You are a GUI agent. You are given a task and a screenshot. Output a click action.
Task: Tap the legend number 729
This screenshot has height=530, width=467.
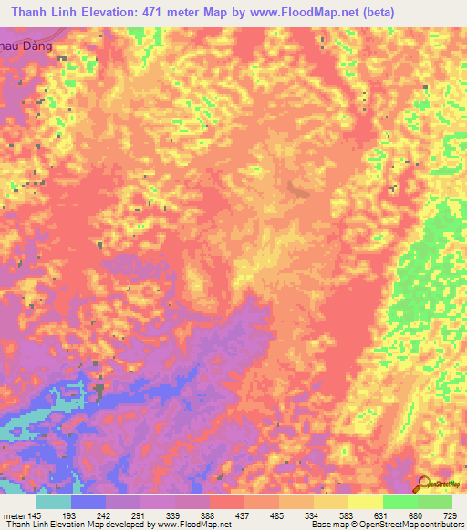coord(450,515)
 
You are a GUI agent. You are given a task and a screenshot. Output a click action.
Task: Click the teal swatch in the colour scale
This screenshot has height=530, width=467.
coord(54,502)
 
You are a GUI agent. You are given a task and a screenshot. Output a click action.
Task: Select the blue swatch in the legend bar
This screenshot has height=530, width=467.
coord(88,502)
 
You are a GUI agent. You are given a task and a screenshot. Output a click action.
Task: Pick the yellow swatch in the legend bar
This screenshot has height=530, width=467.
coord(366,502)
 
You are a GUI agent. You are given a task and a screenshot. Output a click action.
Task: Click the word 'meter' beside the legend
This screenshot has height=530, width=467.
coord(12,515)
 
